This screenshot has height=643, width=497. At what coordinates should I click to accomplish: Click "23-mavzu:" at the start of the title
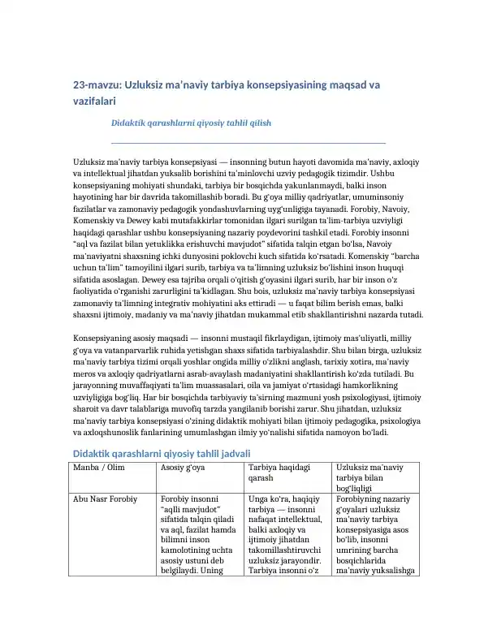coord(98,84)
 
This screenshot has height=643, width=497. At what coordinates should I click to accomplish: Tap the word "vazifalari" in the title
coord(95,102)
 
